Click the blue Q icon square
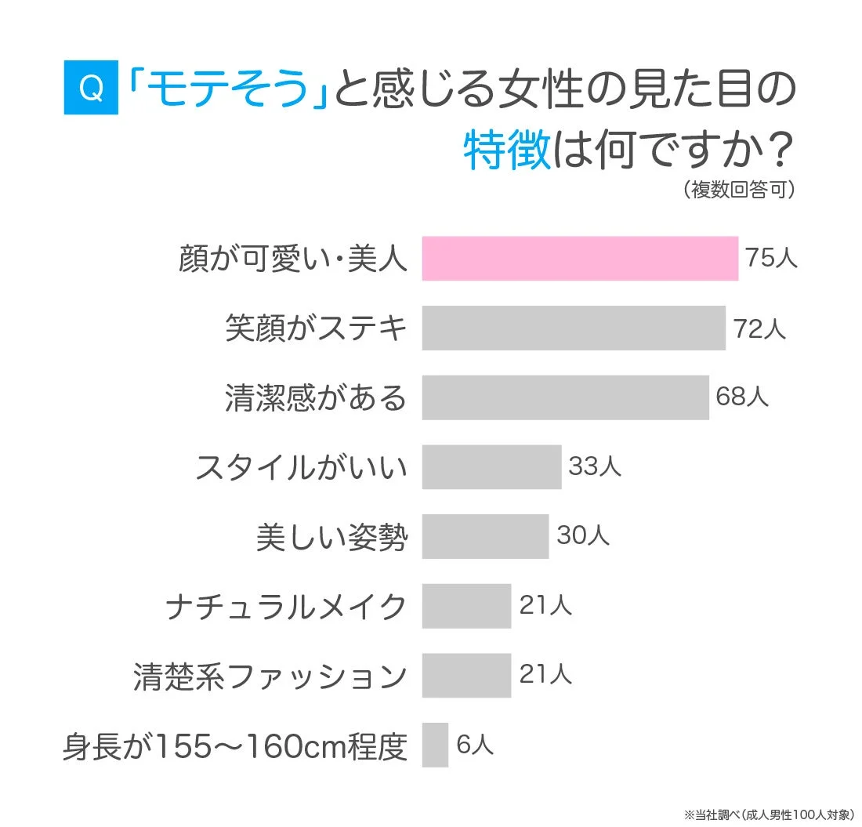(x=91, y=89)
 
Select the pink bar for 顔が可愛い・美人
(x=580, y=258)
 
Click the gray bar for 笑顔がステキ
(x=574, y=328)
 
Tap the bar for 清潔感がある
(x=565, y=397)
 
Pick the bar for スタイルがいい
(x=491, y=467)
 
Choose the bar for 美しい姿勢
(x=485, y=536)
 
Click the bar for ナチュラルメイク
(x=466, y=606)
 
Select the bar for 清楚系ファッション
(x=466, y=675)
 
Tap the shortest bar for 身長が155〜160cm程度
(x=435, y=745)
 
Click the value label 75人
(x=771, y=258)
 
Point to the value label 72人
(x=759, y=328)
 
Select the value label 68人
(x=742, y=397)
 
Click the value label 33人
(x=594, y=467)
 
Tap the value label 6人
(x=475, y=745)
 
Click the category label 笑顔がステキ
(x=317, y=328)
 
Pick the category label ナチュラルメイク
(x=287, y=607)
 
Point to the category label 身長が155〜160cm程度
(x=235, y=746)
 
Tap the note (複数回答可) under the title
(x=738, y=190)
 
